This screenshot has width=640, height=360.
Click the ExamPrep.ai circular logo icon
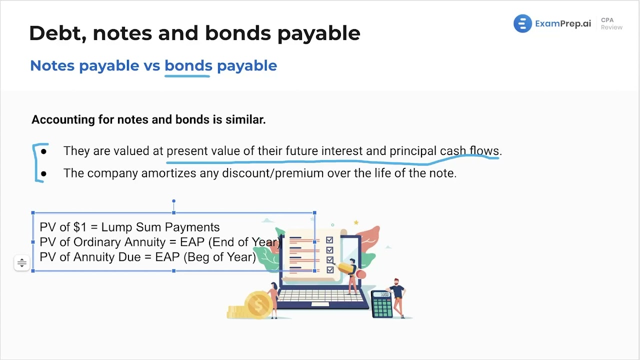click(522, 23)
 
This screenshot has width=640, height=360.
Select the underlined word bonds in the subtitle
click(188, 65)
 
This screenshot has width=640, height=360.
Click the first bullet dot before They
click(44, 151)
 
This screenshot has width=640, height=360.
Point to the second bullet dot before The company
click(44, 173)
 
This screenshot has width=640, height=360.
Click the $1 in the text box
click(80, 227)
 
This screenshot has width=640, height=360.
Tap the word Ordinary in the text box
click(94, 242)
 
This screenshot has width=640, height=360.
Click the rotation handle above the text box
click(173, 201)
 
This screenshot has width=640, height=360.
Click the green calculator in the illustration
click(382, 304)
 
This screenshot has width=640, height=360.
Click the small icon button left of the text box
click(21, 262)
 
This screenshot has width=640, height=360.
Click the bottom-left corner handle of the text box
click(33, 271)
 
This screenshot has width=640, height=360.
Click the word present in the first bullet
click(187, 151)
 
